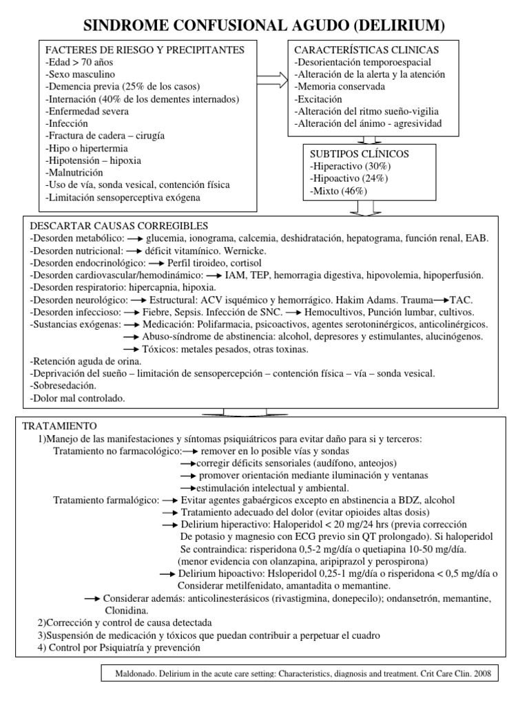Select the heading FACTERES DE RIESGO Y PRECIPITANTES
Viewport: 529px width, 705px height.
coord(145,51)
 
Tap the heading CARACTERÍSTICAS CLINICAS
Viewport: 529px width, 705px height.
coord(366,51)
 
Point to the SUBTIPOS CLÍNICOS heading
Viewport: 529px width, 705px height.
coord(360,154)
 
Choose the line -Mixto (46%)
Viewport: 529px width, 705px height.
coord(339,191)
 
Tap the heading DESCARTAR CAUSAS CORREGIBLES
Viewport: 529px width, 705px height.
coord(118,226)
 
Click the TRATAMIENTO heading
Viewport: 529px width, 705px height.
coord(61,426)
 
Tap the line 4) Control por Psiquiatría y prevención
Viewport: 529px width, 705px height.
coord(121,648)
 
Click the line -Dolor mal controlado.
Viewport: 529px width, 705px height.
coord(78,398)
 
